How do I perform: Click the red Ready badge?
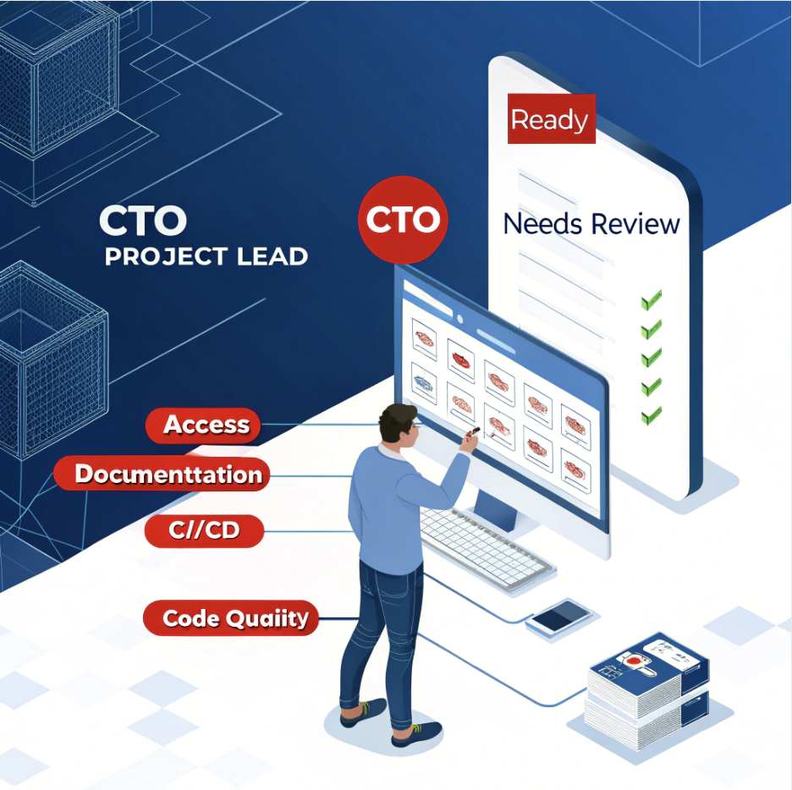(x=550, y=120)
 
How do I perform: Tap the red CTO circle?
(x=403, y=220)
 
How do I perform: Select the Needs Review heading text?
(x=591, y=224)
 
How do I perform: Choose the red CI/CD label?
(x=204, y=532)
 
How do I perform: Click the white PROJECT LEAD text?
(x=206, y=256)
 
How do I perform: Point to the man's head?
(x=398, y=425)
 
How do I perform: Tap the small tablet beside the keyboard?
(x=559, y=617)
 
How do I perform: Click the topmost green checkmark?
(x=651, y=299)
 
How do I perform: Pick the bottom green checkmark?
(x=651, y=415)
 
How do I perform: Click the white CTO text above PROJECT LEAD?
(x=142, y=222)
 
